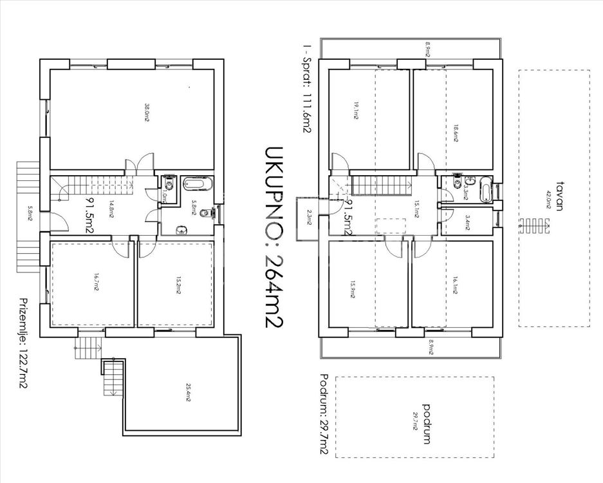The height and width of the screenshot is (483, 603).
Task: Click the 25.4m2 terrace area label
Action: point(188,393)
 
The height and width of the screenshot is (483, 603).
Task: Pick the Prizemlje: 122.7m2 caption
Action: point(24,344)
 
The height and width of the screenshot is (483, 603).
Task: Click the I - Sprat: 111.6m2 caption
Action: point(306,88)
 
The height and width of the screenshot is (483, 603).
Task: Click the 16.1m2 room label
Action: point(454,284)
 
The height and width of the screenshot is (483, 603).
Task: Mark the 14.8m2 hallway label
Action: point(111,211)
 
